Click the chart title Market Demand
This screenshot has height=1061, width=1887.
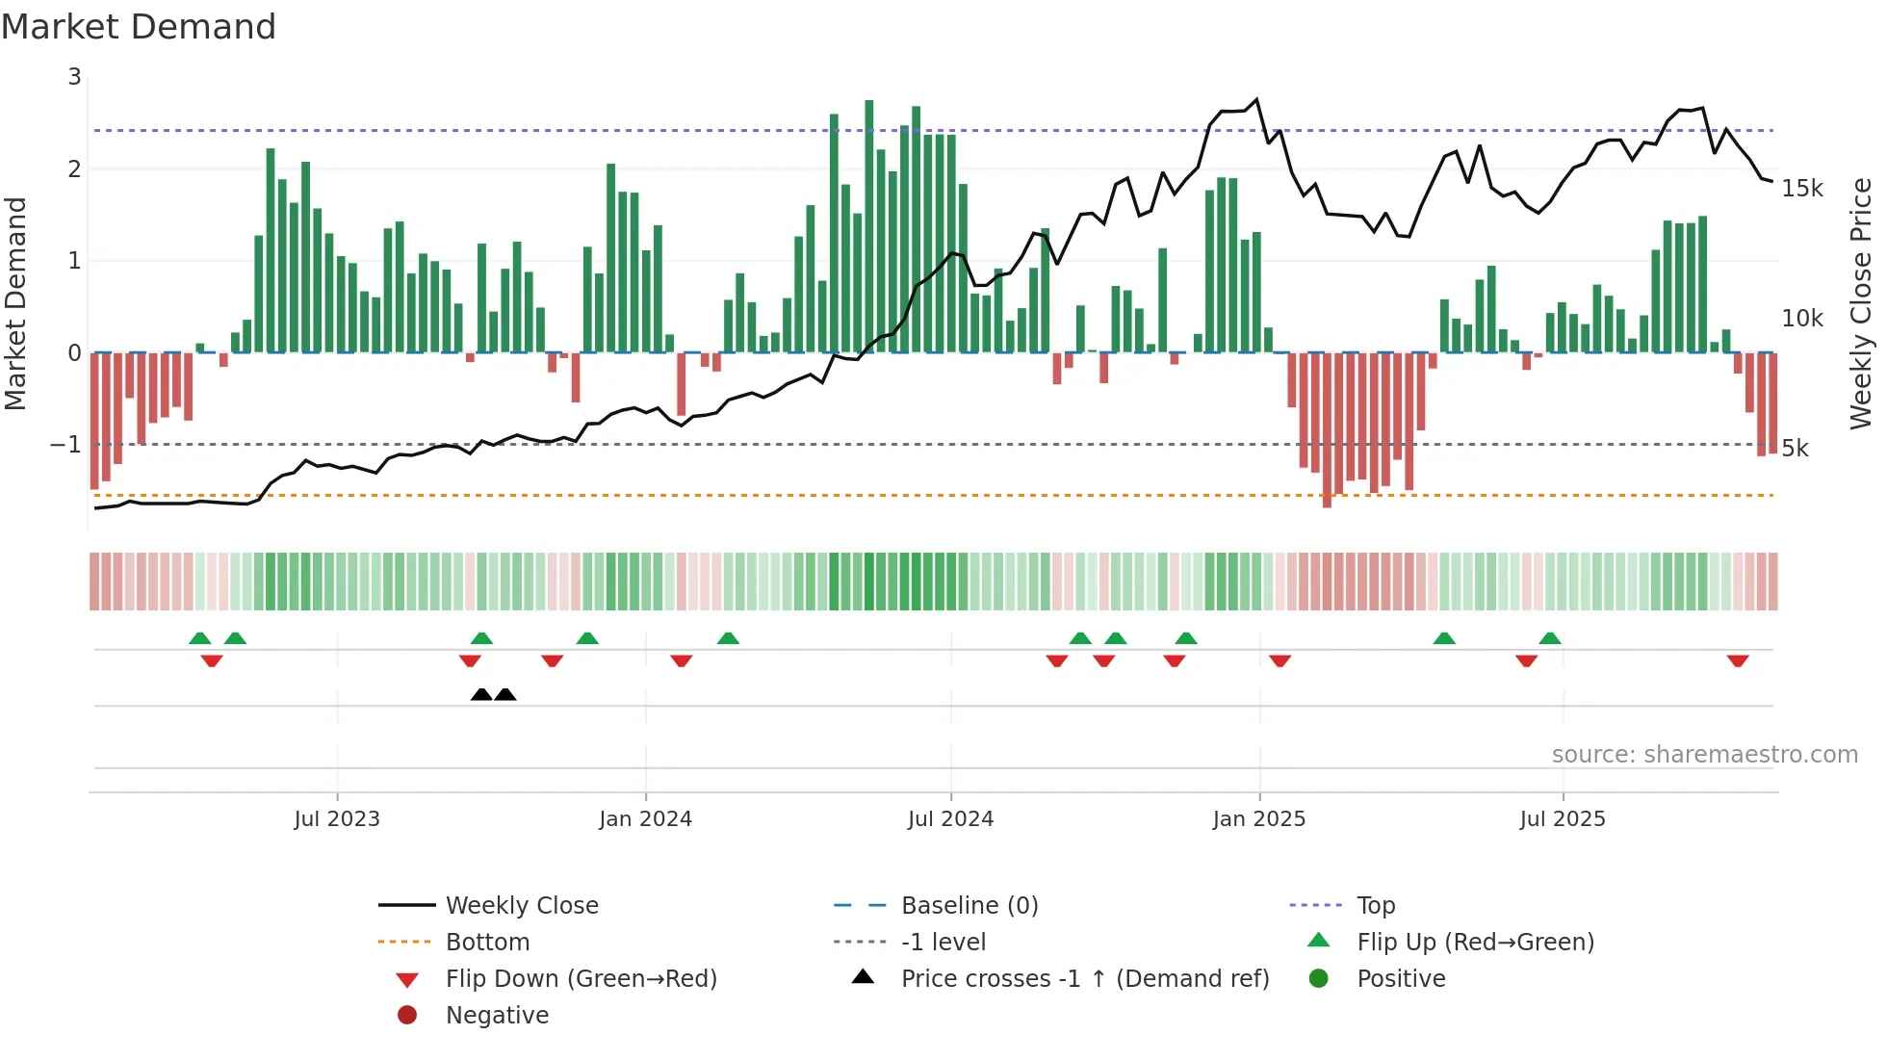point(139,27)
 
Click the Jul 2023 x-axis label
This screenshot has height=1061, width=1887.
point(337,819)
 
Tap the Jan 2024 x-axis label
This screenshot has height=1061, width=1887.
point(645,819)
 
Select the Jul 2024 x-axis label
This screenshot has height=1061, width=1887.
point(950,819)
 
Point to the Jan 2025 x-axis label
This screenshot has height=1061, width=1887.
point(1258,819)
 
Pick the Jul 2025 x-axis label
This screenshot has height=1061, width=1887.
point(1563,819)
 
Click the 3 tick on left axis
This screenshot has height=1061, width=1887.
point(74,77)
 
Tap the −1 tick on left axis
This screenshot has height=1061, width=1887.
point(65,445)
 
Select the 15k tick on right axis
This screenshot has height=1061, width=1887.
point(1801,189)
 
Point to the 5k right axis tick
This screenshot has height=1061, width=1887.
point(1795,449)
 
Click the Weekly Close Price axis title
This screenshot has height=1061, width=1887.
point(1861,303)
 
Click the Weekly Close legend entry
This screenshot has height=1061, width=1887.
point(521,906)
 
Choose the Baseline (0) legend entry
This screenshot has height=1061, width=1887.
point(969,906)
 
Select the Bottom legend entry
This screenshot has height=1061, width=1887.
point(487,943)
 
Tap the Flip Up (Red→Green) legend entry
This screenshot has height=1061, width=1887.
point(1475,943)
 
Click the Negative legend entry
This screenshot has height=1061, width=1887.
point(497,1016)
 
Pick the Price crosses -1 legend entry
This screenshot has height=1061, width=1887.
point(1084,979)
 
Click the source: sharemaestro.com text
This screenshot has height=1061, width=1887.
point(1704,755)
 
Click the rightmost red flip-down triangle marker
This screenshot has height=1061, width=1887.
point(1737,661)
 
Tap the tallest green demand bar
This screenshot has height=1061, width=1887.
point(868,226)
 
